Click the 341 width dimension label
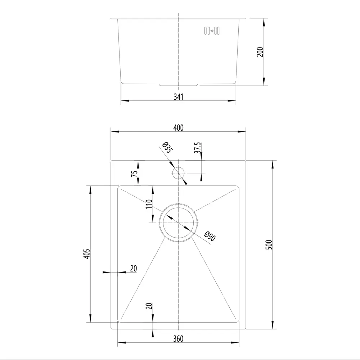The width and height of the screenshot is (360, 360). [x=179, y=96]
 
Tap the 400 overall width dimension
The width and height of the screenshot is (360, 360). [x=178, y=127]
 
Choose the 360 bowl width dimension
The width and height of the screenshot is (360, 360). [x=178, y=339]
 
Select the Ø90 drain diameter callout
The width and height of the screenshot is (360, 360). [x=209, y=237]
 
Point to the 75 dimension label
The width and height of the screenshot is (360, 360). [x=134, y=174]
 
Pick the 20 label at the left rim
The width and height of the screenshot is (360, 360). [x=134, y=268]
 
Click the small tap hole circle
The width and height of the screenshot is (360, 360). [x=178, y=173]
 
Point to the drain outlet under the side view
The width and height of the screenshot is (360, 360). [x=179, y=85]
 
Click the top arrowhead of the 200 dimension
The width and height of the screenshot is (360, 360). [x=264, y=22]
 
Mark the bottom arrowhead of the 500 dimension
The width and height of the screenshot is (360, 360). [x=273, y=325]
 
